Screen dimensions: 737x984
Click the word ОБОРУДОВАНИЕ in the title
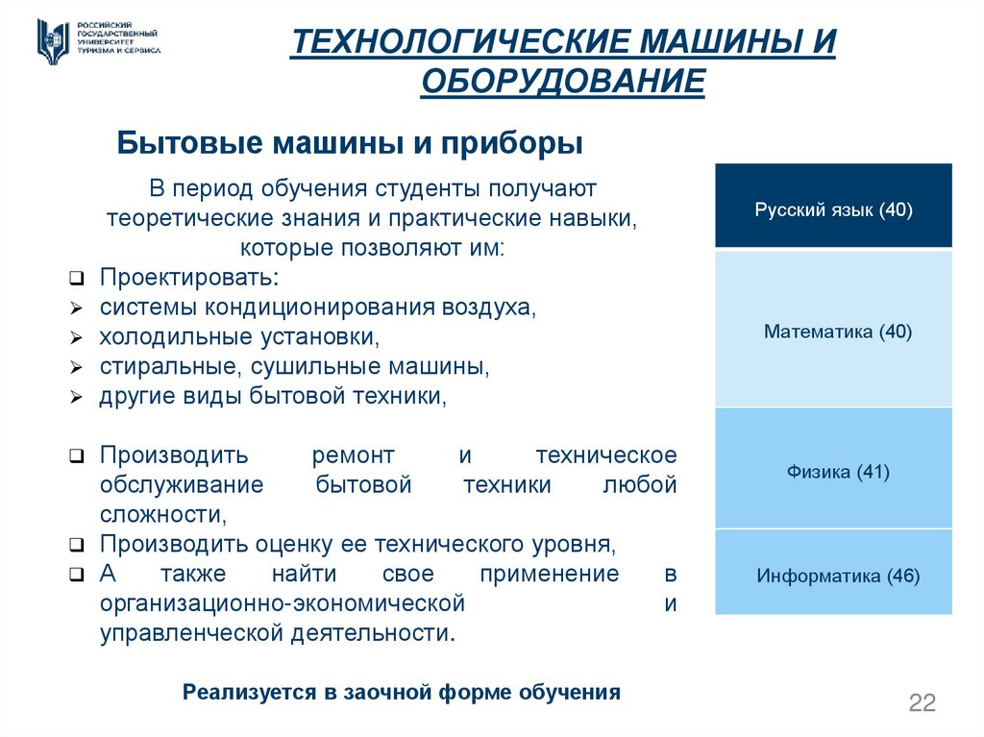coord(563,82)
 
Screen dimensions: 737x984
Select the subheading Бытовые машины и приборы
coord(351,143)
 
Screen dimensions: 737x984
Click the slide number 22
coord(922,702)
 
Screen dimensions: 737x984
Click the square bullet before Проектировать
coord(76,280)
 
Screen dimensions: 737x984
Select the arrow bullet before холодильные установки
coord(76,339)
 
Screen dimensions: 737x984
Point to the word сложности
coord(161,514)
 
